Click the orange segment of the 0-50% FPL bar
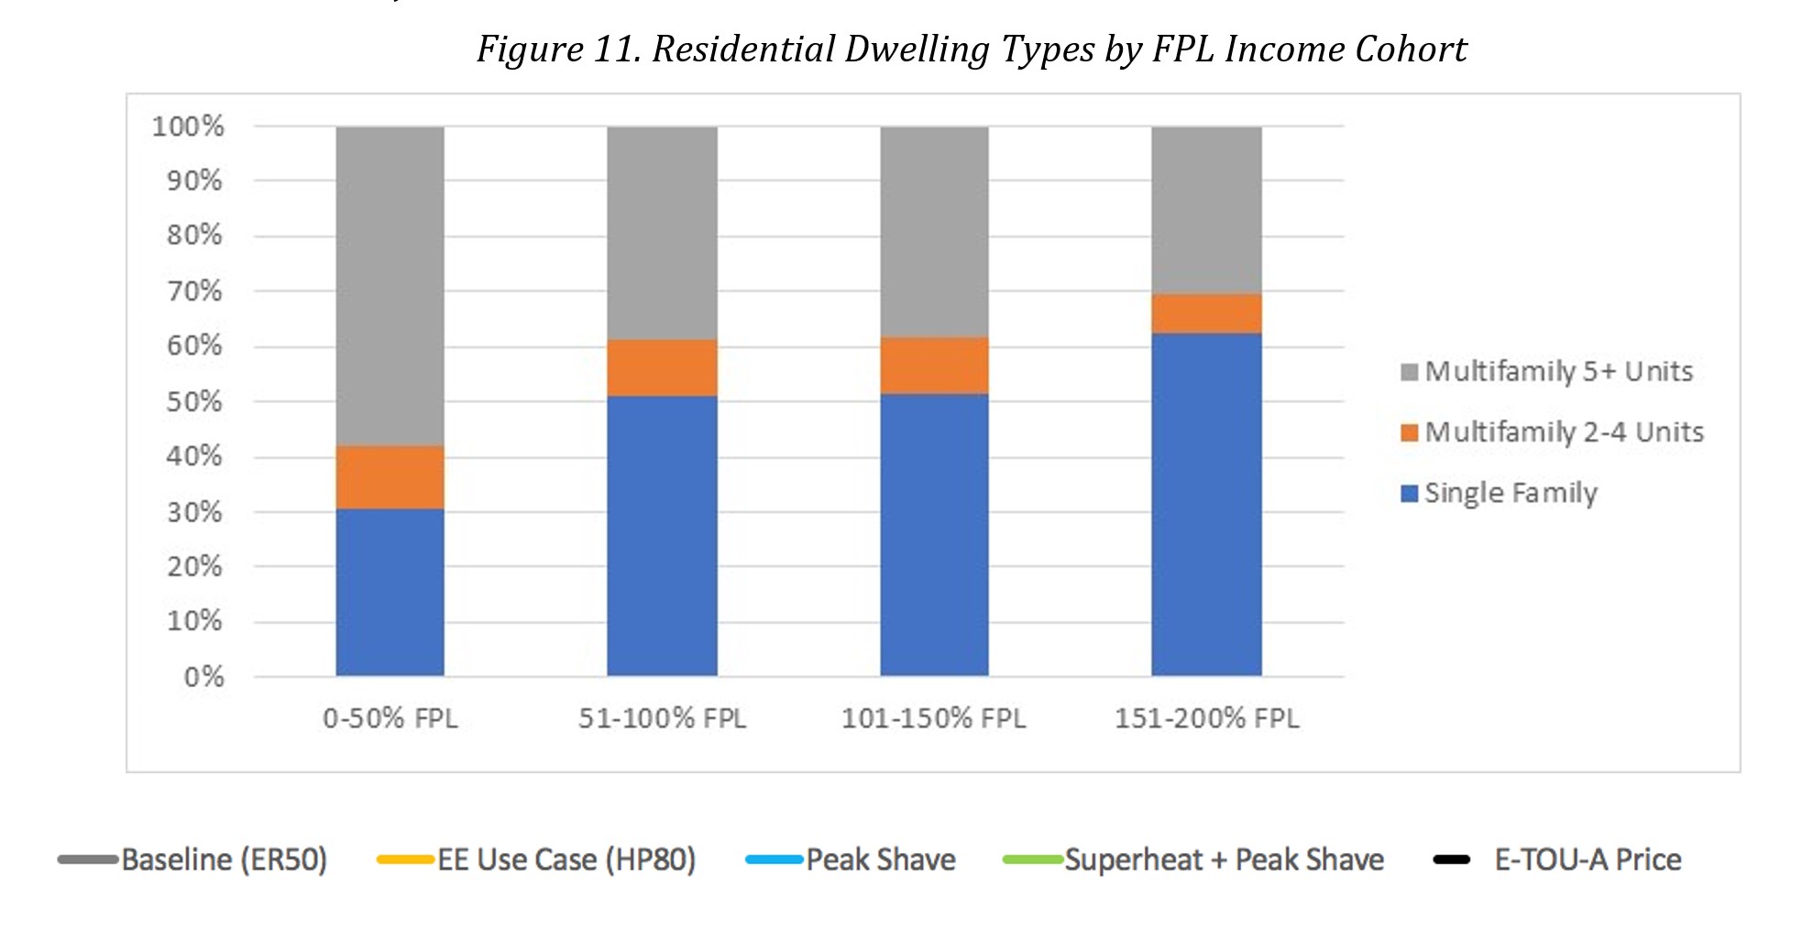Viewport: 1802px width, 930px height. (390, 476)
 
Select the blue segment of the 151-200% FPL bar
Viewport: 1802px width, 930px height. (1206, 504)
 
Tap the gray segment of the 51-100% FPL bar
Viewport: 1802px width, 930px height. (662, 233)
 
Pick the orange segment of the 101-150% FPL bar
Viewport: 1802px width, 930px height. (934, 365)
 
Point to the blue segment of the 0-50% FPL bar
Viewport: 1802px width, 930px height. (390, 592)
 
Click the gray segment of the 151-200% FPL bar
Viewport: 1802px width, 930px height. (1206, 210)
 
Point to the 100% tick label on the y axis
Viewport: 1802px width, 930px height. (188, 126)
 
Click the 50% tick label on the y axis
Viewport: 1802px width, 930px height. (194, 401)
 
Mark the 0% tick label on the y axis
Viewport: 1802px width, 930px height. (203, 677)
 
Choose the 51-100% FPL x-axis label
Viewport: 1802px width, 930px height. (662, 717)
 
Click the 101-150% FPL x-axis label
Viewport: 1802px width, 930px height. (933, 717)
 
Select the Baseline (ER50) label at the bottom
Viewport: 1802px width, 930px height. (224, 859)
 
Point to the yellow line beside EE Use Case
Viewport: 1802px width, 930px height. (404, 859)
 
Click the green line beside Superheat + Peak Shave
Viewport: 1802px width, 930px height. (1032, 859)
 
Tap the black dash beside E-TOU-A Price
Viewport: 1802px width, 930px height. (1451, 859)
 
